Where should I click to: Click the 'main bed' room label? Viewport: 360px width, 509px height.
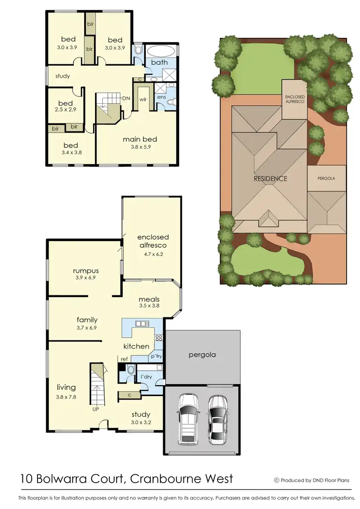coord(140,139)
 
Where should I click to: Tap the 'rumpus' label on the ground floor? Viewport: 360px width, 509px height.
coord(85,270)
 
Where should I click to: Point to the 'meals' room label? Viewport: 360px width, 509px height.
coord(149,299)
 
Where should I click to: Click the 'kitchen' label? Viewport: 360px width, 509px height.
coord(136,346)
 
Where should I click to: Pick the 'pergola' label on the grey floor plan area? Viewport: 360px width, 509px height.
coord(202,355)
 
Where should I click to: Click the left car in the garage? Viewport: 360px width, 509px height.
coord(187,419)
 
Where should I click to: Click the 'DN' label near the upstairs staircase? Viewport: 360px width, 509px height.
coord(126,98)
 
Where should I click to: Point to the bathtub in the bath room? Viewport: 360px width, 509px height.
coord(161,51)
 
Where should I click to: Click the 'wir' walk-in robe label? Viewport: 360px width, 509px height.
coord(143,99)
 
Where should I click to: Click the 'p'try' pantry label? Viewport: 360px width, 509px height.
coord(156,357)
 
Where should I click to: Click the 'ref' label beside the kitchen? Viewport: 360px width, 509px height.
coord(124,359)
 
